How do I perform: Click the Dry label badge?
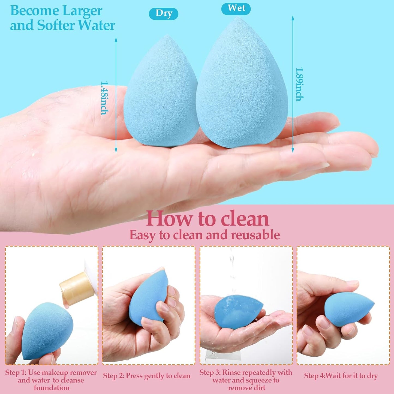164,14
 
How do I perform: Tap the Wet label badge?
236,8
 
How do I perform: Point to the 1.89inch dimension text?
300,84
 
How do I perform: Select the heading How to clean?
207,219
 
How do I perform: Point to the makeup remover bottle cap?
77,287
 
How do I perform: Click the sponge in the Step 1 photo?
48,330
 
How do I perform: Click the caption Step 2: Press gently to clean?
147,376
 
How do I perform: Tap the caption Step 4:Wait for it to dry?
341,376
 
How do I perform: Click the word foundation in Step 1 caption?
52,388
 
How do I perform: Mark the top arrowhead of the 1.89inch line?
293,18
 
